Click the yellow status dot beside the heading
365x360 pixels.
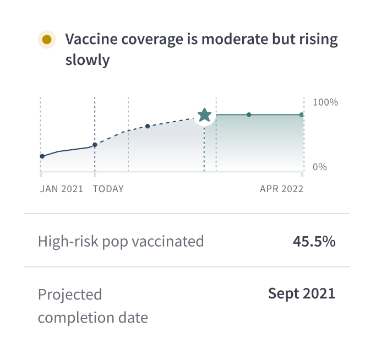(x=47, y=40)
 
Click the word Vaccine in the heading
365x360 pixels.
(x=91, y=39)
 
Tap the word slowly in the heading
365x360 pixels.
(x=88, y=60)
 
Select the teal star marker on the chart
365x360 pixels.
(x=204, y=115)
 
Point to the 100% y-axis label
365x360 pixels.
(x=325, y=102)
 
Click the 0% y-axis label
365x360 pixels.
(x=320, y=167)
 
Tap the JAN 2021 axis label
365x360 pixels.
(x=62, y=189)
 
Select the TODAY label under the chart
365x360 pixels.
(x=108, y=189)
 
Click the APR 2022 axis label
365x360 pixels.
(x=282, y=189)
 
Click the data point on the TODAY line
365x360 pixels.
(x=95, y=145)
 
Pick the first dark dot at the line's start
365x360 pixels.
(x=42, y=156)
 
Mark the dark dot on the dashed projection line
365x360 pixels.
(x=148, y=127)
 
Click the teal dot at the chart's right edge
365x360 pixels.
(x=302, y=114)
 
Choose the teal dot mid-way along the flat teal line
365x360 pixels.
(x=249, y=114)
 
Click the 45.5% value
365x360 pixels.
(x=314, y=241)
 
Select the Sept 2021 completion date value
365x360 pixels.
(x=302, y=293)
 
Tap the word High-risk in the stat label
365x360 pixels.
(x=68, y=241)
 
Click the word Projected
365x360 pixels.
(x=70, y=295)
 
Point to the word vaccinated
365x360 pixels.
(x=167, y=241)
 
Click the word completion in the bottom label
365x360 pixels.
(x=76, y=318)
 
